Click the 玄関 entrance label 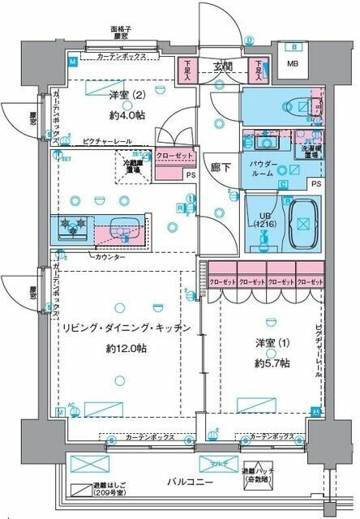click(x=223, y=66)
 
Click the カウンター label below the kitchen click(x=109, y=257)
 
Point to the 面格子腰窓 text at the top click(x=122, y=33)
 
